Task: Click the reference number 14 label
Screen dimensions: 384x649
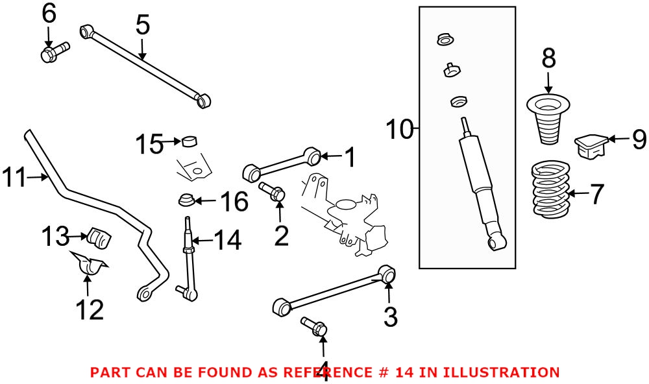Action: coord(227,241)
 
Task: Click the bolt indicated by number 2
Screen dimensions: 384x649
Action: coord(272,190)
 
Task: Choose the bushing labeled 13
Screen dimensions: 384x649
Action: coord(99,237)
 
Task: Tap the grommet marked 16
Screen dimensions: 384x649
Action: coord(186,199)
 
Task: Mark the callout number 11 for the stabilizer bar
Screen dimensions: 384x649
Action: coord(16,176)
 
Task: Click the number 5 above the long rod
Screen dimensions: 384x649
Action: coord(143,26)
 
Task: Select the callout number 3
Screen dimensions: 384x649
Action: coord(390,317)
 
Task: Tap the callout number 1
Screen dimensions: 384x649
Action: coord(349,157)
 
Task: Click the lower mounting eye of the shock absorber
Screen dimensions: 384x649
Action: coord(497,243)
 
